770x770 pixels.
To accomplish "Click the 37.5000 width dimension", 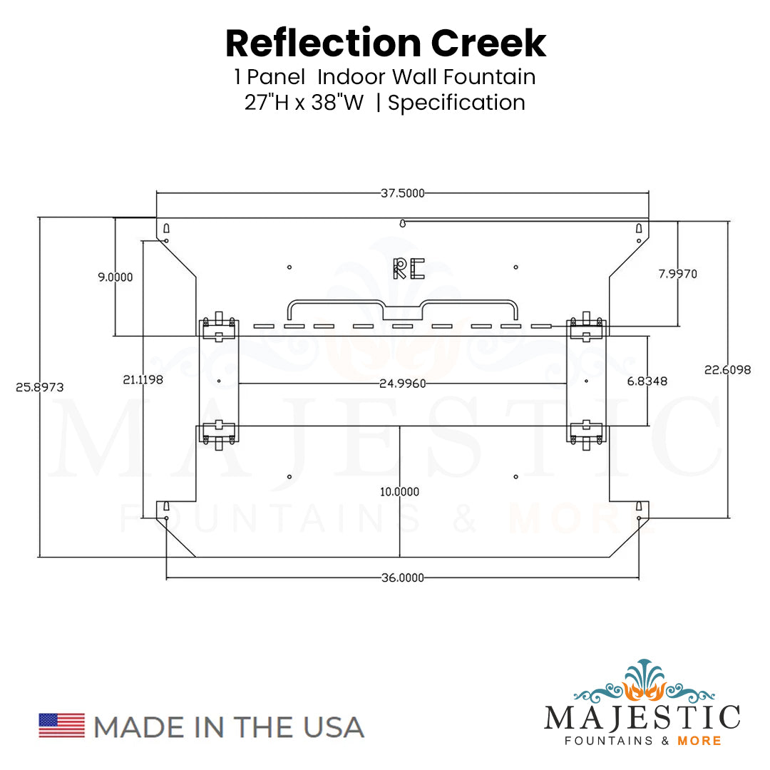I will (402, 192).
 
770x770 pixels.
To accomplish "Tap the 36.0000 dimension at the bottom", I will (402, 577).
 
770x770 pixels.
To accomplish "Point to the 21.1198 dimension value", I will (143, 380).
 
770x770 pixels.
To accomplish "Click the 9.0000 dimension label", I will (115, 277).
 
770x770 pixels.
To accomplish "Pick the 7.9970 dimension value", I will (677, 274).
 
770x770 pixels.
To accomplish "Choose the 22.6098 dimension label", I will (727, 369).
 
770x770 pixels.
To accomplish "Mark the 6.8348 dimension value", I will (647, 381).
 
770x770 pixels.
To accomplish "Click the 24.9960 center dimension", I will (403, 384).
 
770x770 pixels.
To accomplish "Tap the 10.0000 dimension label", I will (399, 491).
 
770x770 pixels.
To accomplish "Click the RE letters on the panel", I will (409, 268).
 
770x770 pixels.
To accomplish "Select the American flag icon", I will (61, 725).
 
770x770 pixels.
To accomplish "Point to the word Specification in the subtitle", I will (456, 103).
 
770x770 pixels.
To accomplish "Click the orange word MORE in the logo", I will (700, 741).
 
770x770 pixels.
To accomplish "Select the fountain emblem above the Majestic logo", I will (642, 681).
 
